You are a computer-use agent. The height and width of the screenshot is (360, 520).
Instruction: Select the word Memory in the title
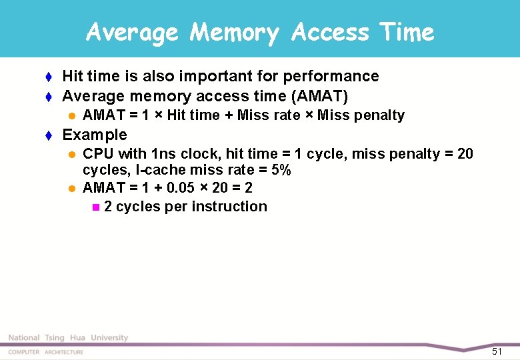coord(234,32)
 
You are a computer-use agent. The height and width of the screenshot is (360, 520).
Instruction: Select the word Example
coord(94,135)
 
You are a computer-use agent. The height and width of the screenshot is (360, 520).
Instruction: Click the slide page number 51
coord(497,351)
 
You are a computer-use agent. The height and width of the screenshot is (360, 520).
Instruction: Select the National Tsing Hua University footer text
coord(68,338)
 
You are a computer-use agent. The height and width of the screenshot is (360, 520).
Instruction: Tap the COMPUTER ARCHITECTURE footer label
coord(46,352)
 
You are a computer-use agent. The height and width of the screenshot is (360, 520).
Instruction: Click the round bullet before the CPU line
coord(72,155)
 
